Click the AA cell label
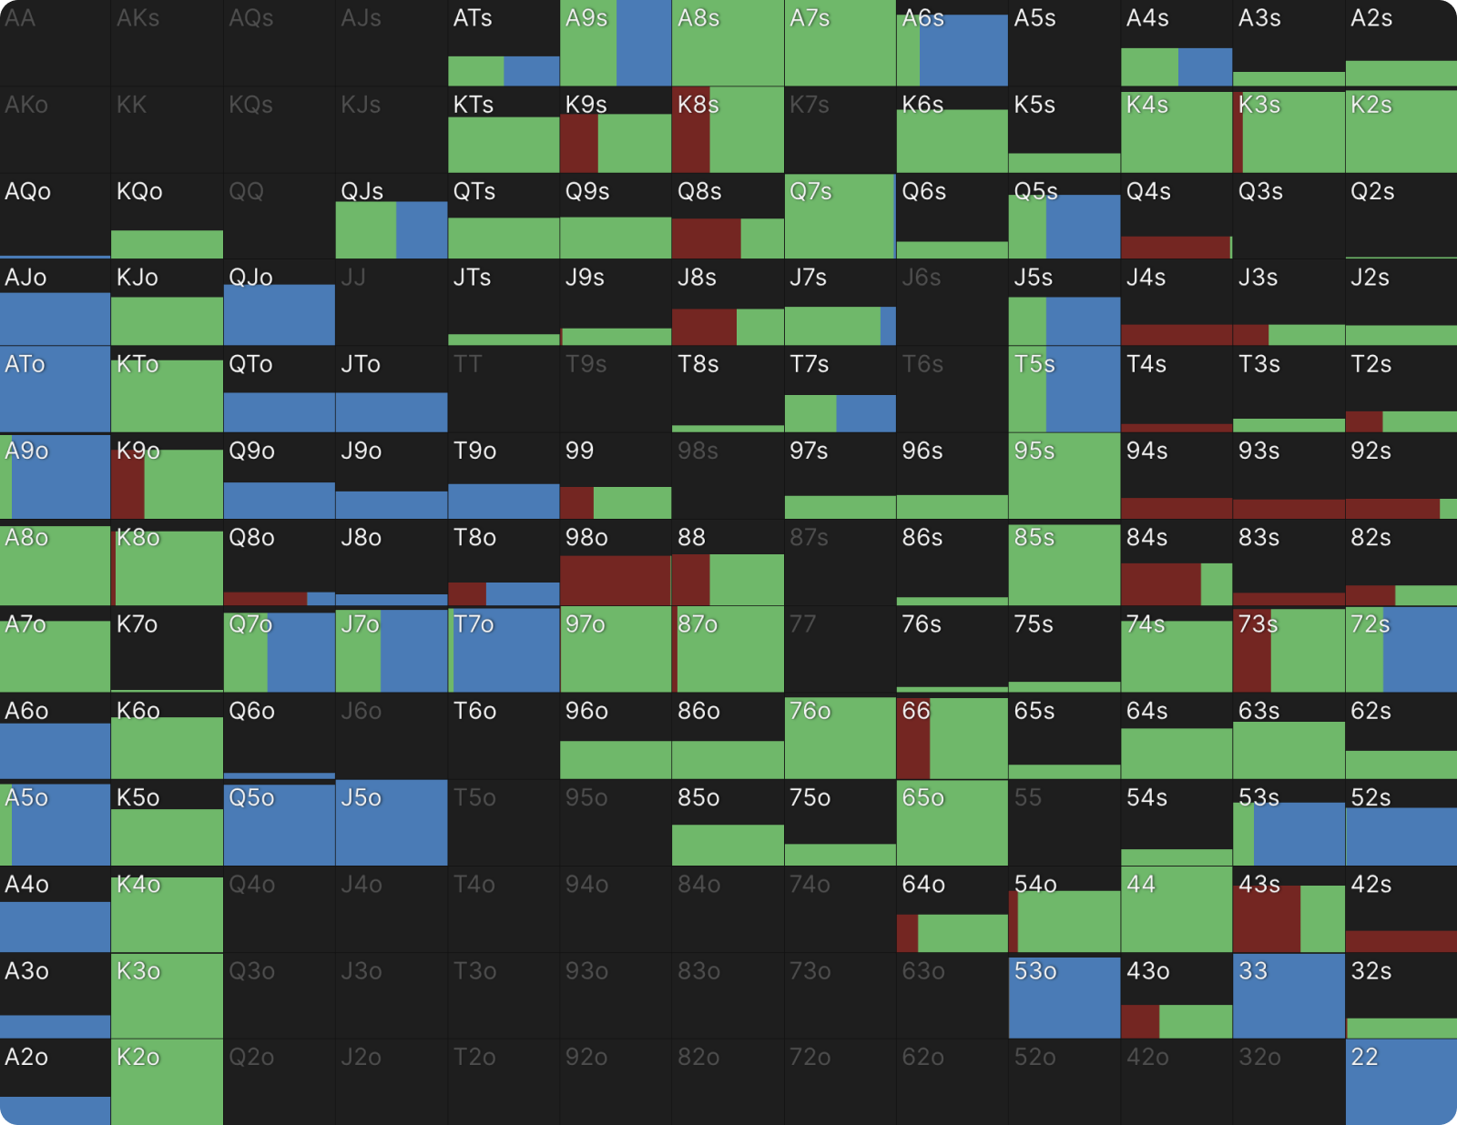point(20,18)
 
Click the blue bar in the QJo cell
point(279,315)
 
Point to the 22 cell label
point(1364,1058)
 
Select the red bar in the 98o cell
point(615,580)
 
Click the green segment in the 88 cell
point(746,580)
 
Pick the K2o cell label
point(138,1058)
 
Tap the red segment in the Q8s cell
point(706,238)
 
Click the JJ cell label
point(352,278)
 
